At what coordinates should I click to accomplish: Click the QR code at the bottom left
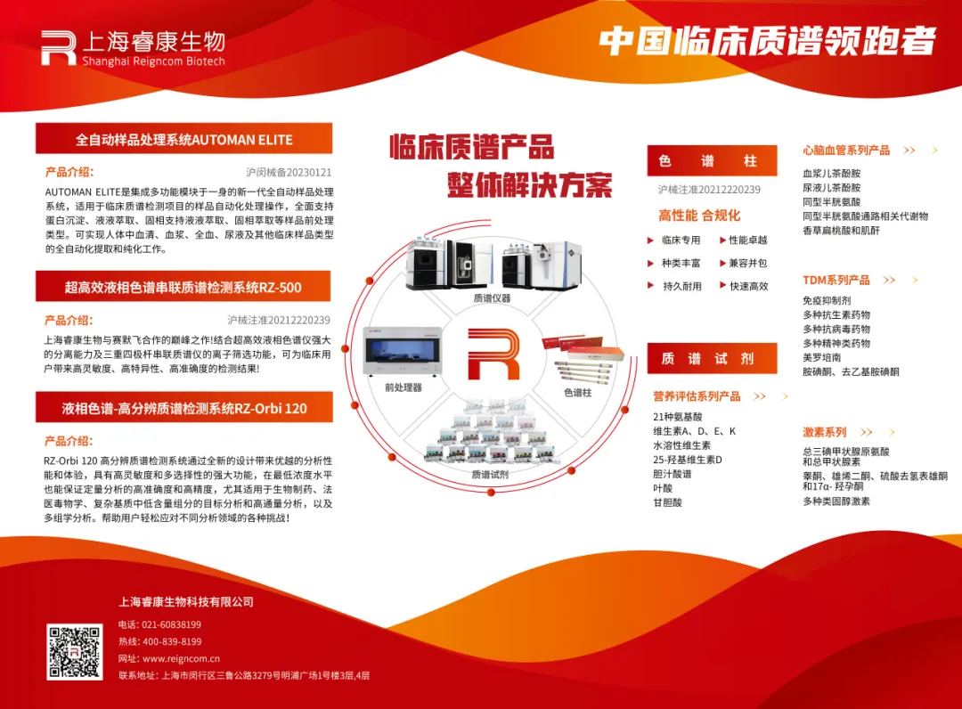75,652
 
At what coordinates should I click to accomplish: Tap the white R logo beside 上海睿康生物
58,48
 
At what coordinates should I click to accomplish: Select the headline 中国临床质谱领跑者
768,41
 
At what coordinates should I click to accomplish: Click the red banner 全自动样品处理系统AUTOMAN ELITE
183,139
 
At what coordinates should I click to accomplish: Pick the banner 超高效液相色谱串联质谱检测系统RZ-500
183,287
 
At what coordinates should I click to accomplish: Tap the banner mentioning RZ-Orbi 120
183,408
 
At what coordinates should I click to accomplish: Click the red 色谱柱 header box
707,161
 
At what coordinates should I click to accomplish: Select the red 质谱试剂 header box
707,358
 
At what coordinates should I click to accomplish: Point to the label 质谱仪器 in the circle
492,298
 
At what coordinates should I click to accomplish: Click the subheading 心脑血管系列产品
846,151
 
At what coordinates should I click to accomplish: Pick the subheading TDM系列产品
836,280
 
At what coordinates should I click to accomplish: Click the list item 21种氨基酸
678,417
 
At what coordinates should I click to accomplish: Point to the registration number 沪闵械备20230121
289,173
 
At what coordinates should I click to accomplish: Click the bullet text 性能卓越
747,240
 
